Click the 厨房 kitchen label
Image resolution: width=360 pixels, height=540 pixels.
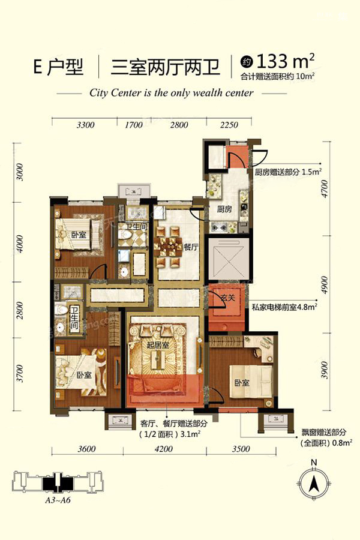click(224, 209)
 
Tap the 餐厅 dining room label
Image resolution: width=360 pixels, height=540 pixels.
click(191, 247)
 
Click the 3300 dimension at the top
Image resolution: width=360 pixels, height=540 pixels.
click(85, 125)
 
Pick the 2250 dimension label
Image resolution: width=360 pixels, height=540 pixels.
click(229, 125)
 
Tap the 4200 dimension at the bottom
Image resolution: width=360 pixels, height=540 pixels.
click(164, 449)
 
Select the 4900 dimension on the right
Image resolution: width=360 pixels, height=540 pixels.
click(325, 284)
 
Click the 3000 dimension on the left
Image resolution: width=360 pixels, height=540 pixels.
click(20, 172)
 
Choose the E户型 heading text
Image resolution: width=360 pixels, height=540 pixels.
click(59, 67)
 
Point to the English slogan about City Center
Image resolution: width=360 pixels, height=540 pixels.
click(171, 92)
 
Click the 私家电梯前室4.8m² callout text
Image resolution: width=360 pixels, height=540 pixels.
click(284, 307)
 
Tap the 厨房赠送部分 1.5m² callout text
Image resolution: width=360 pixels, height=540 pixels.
click(288, 172)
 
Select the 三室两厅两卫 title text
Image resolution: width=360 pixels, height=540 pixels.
click(166, 67)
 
